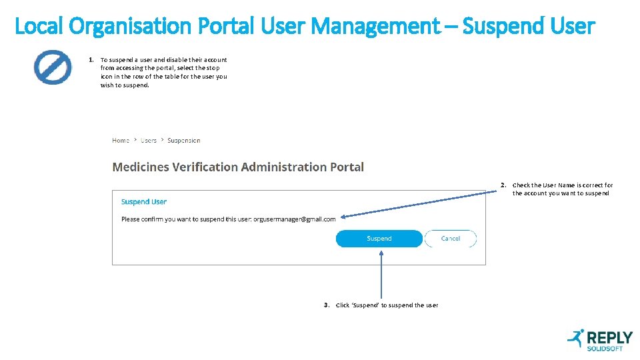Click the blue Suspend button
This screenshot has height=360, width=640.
[x=379, y=239]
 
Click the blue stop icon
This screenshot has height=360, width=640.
[x=53, y=67]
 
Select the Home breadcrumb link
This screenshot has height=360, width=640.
[x=121, y=141]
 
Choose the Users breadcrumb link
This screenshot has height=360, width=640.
[x=149, y=141]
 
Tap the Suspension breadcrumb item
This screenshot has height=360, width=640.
[x=184, y=141]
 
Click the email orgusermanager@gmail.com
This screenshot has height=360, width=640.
[x=295, y=219]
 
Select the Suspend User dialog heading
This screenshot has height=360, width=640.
[x=144, y=202]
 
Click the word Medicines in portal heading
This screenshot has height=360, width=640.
[x=141, y=167]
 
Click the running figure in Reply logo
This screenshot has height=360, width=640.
[x=575, y=338]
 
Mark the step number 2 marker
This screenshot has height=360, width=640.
[x=503, y=185]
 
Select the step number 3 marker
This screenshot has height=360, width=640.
[x=327, y=305]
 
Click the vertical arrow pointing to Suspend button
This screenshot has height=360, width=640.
[x=381, y=273]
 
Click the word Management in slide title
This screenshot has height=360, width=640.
[x=375, y=27]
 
